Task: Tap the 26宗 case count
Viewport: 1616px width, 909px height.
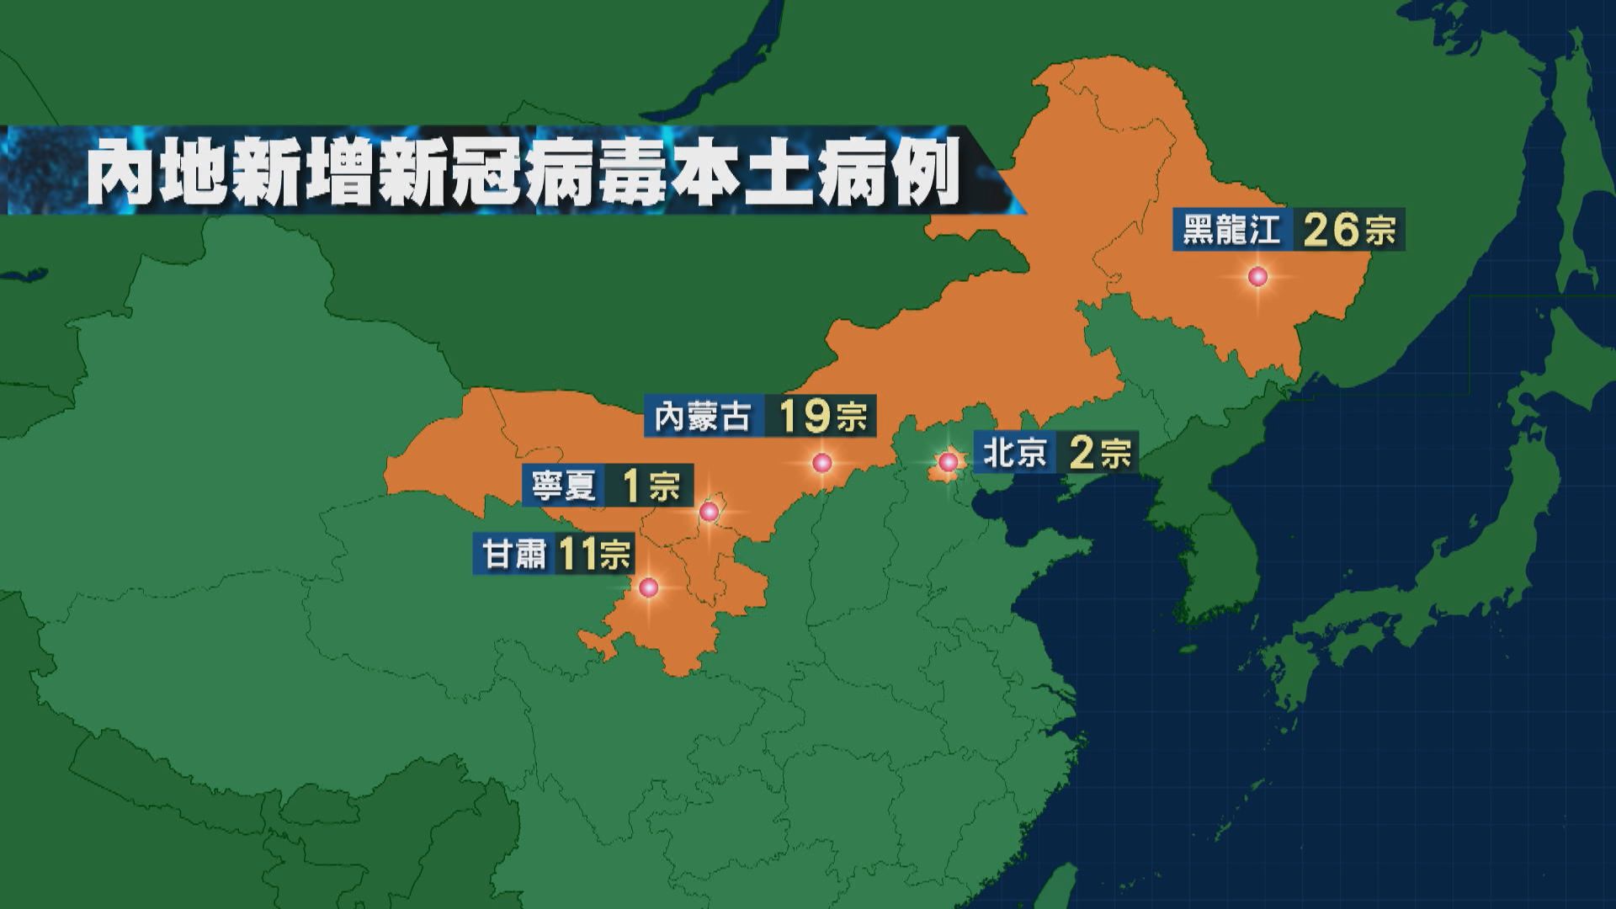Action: (1347, 230)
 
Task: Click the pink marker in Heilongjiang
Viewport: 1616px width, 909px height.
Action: (1257, 276)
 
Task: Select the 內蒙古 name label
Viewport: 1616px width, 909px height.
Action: (704, 416)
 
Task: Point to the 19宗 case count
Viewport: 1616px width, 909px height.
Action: (821, 416)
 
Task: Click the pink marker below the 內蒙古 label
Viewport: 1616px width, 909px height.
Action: (822, 462)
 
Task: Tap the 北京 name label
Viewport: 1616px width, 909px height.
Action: (1014, 454)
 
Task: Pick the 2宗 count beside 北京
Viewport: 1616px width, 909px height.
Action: (1098, 454)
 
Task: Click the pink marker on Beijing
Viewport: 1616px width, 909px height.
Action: (948, 461)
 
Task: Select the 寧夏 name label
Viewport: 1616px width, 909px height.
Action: (564, 486)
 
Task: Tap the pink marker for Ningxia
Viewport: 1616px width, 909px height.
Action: (710, 511)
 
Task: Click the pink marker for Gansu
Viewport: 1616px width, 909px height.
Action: (648, 587)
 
